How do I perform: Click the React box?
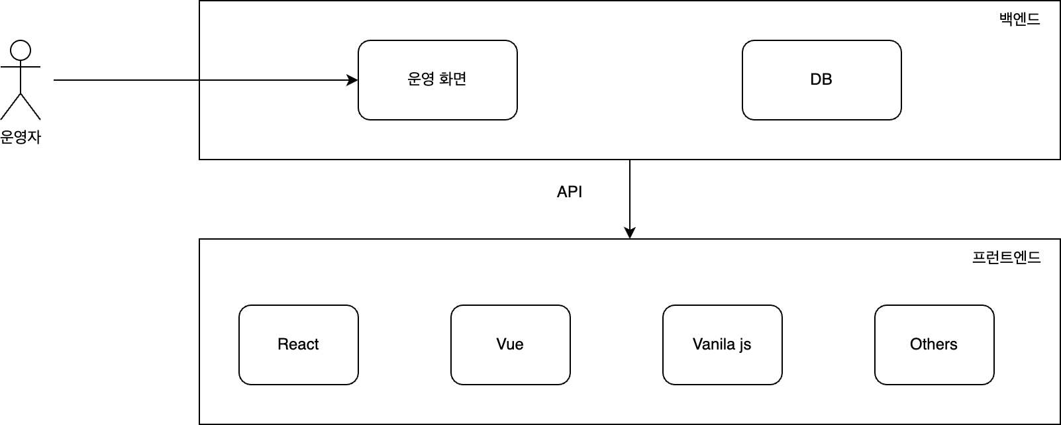[299, 344]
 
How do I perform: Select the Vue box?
[510, 344]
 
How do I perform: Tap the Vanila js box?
[723, 344]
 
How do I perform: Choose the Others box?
[934, 344]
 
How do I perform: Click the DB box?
[821, 80]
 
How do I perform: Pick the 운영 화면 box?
[437, 80]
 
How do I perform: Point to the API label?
[570, 192]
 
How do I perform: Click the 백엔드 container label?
[1019, 19]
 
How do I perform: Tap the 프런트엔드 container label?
[1006, 257]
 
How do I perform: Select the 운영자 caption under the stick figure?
[21, 137]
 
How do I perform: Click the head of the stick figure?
[21, 50]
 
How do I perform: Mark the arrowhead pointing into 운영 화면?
[352, 80]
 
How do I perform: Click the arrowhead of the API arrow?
[629, 233]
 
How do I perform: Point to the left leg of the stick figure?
[11, 107]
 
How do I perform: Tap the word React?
[298, 344]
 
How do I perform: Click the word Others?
[934, 344]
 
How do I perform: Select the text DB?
[821, 79]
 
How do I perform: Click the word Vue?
[510, 344]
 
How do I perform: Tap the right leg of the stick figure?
[30, 107]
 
